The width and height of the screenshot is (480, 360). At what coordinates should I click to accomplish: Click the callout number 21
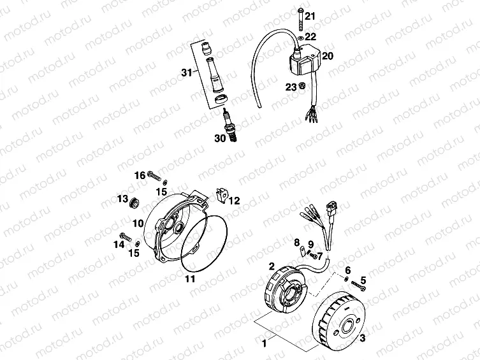coord(310,15)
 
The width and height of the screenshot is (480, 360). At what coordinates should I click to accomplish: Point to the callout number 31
coord(185,73)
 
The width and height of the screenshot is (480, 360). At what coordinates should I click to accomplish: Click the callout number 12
coord(234,200)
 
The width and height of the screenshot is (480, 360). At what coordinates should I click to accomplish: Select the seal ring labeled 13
coord(135,204)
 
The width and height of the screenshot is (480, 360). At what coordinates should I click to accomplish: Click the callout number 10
coord(138,223)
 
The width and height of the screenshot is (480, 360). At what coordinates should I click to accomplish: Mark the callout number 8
coord(296,242)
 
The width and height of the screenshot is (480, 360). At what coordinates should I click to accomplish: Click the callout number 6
coord(348,271)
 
